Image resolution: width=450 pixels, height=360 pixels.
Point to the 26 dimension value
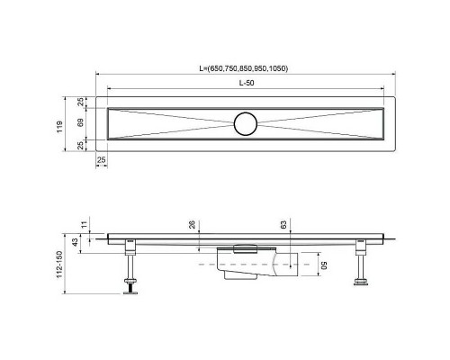pos(192,226)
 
